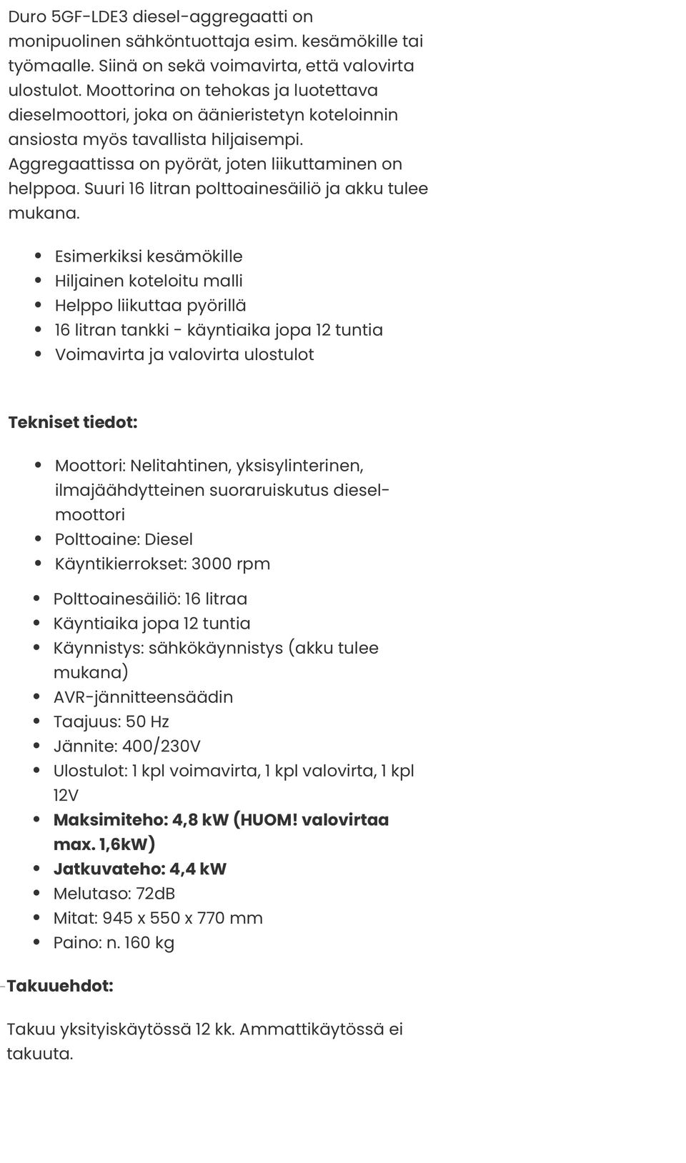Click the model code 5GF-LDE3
coord(91,16)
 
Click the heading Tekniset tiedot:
coord(73,422)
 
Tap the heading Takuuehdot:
coord(60,986)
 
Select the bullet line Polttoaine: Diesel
coord(124,539)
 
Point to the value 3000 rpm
coord(231,564)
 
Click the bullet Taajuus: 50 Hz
coord(111,722)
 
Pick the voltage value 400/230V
coord(161,747)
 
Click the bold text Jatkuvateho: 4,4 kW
coord(140,869)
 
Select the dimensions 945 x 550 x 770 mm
coord(182,918)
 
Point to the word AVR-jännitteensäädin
coord(143,697)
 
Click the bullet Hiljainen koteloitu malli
coord(149,281)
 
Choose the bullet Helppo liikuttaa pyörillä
coord(150,306)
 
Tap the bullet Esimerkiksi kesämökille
coord(149,256)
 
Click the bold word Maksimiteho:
coord(110,820)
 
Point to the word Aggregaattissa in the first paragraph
coord(71,164)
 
